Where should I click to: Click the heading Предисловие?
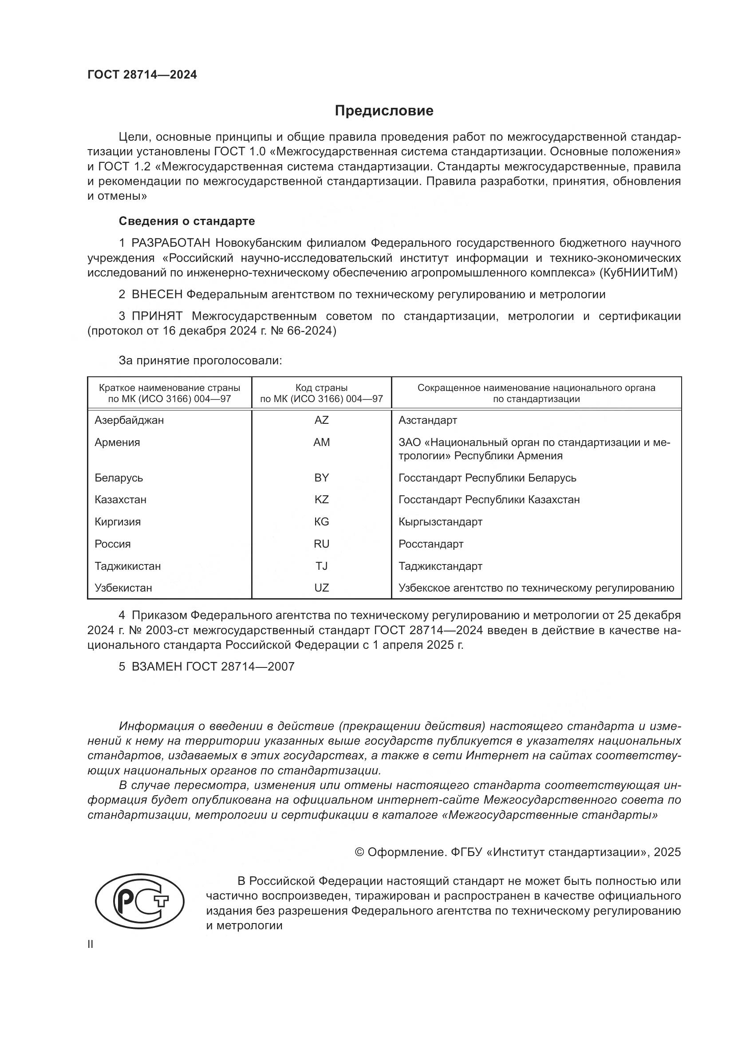coord(384,111)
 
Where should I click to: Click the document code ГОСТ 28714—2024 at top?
coord(142,75)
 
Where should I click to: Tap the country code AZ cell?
coord(321,420)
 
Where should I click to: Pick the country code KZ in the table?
coord(321,500)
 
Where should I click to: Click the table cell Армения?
coord(117,442)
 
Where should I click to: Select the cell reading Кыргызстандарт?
coord(440,522)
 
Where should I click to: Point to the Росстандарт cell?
coord(431,544)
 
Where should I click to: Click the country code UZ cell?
coord(321,588)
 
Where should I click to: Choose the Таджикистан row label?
coord(127,566)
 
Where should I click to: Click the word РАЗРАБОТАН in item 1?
coord(170,243)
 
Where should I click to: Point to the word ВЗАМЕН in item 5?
coord(156,667)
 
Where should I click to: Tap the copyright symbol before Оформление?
coord(359,852)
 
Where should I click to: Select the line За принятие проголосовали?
coord(200,360)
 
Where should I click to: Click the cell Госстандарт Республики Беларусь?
coord(487,478)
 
